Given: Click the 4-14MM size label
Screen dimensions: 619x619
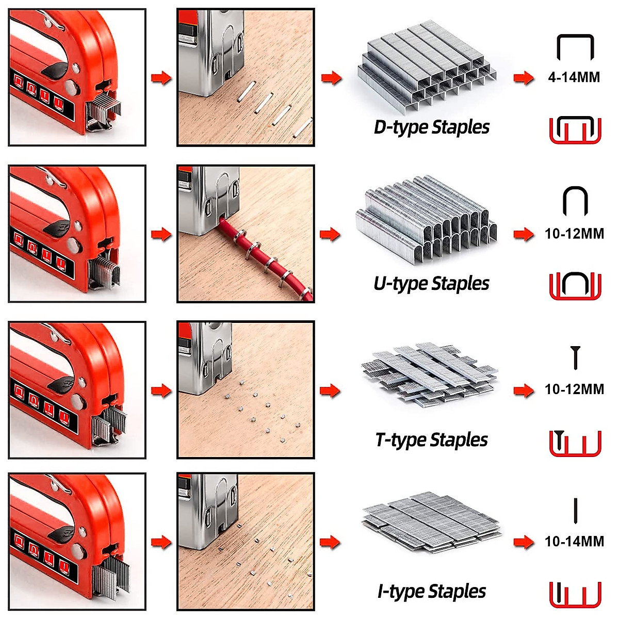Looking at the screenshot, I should (x=574, y=77).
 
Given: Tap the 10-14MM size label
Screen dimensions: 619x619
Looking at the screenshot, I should (x=574, y=541).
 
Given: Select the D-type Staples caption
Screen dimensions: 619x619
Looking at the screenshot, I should (x=431, y=127).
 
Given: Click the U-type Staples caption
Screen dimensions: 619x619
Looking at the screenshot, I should (x=431, y=283).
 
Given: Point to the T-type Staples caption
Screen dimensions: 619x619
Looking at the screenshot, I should (x=431, y=439).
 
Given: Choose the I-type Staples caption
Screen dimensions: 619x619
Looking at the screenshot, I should (x=431, y=591).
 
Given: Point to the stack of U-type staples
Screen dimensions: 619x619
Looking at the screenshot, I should (x=427, y=219).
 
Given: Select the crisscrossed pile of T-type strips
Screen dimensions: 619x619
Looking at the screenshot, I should (x=428, y=374).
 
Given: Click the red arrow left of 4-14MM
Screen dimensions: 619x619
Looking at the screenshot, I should (x=523, y=78).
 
